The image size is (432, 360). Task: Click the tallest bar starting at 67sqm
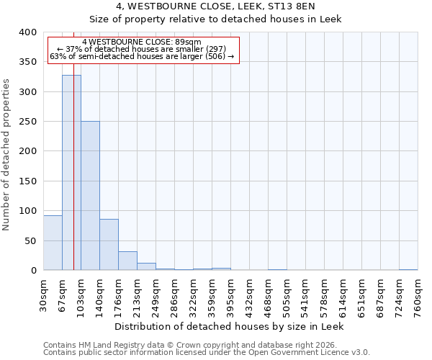(x=71, y=173)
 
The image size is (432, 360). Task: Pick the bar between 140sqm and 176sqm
(x=109, y=245)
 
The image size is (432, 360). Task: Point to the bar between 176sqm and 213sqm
(x=127, y=261)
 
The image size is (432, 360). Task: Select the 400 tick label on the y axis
(x=27, y=32)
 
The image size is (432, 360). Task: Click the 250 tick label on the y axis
(x=27, y=122)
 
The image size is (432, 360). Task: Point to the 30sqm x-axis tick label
(x=44, y=293)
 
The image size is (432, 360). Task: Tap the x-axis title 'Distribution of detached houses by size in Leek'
(x=230, y=326)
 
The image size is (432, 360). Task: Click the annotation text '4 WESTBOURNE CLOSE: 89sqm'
(x=142, y=42)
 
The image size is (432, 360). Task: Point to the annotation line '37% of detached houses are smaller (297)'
(x=142, y=49)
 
